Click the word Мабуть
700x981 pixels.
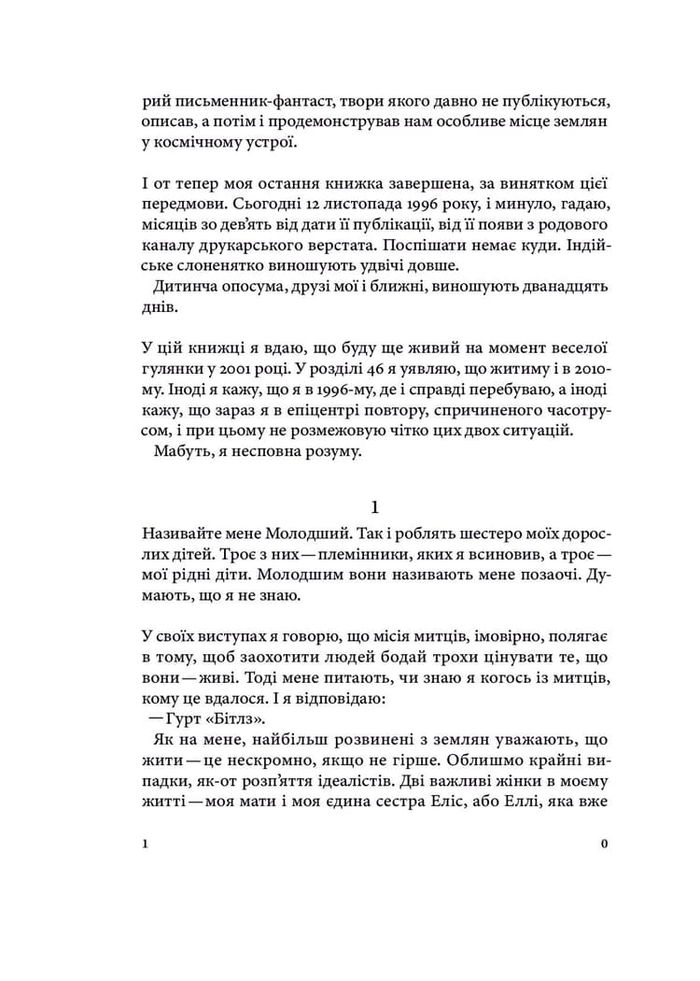click(183, 451)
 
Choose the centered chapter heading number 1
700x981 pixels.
click(374, 508)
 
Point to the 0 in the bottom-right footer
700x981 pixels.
click(605, 844)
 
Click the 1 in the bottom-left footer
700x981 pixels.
click(147, 844)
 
